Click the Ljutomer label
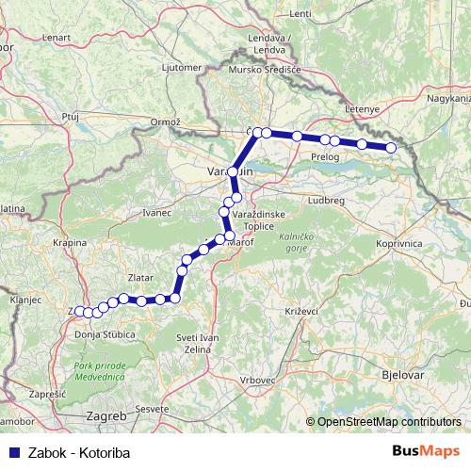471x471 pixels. (x=183, y=68)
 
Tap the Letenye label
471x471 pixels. (x=363, y=108)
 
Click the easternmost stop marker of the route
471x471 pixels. (x=392, y=148)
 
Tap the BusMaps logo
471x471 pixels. (x=425, y=451)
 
